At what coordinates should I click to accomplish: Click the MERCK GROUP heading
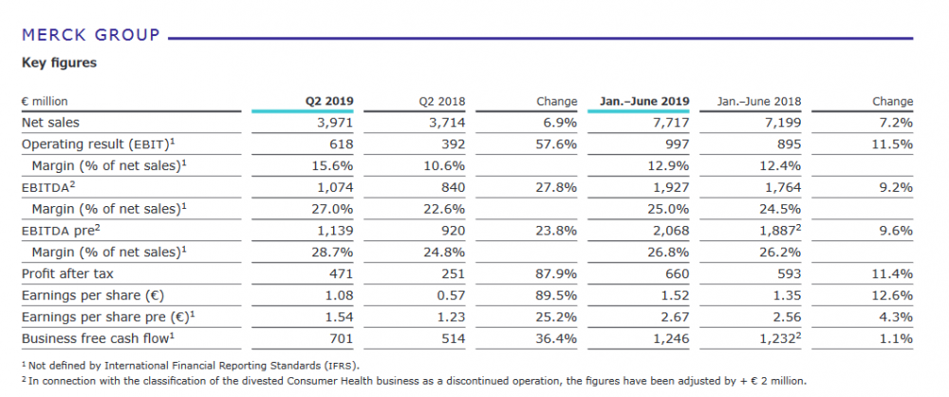tap(91, 35)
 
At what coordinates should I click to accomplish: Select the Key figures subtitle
tap(59, 63)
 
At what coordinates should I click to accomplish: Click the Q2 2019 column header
tap(330, 102)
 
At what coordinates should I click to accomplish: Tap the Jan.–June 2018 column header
tap(759, 102)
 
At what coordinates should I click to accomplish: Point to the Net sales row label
tap(50, 123)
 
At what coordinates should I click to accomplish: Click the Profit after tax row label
tap(67, 274)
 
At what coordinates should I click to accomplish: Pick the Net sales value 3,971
tap(335, 123)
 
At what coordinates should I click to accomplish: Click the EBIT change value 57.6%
tap(557, 145)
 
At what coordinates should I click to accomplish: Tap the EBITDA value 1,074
tap(335, 188)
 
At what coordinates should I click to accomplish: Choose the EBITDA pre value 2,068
tap(671, 231)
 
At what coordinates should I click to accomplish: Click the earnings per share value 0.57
tap(452, 295)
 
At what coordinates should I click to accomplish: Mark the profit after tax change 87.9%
tap(557, 274)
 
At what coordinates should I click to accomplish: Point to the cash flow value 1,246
tap(671, 339)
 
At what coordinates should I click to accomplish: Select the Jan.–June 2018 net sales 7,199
tap(783, 123)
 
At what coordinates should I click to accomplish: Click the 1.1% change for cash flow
tap(896, 339)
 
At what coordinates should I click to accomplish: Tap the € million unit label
tap(45, 102)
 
